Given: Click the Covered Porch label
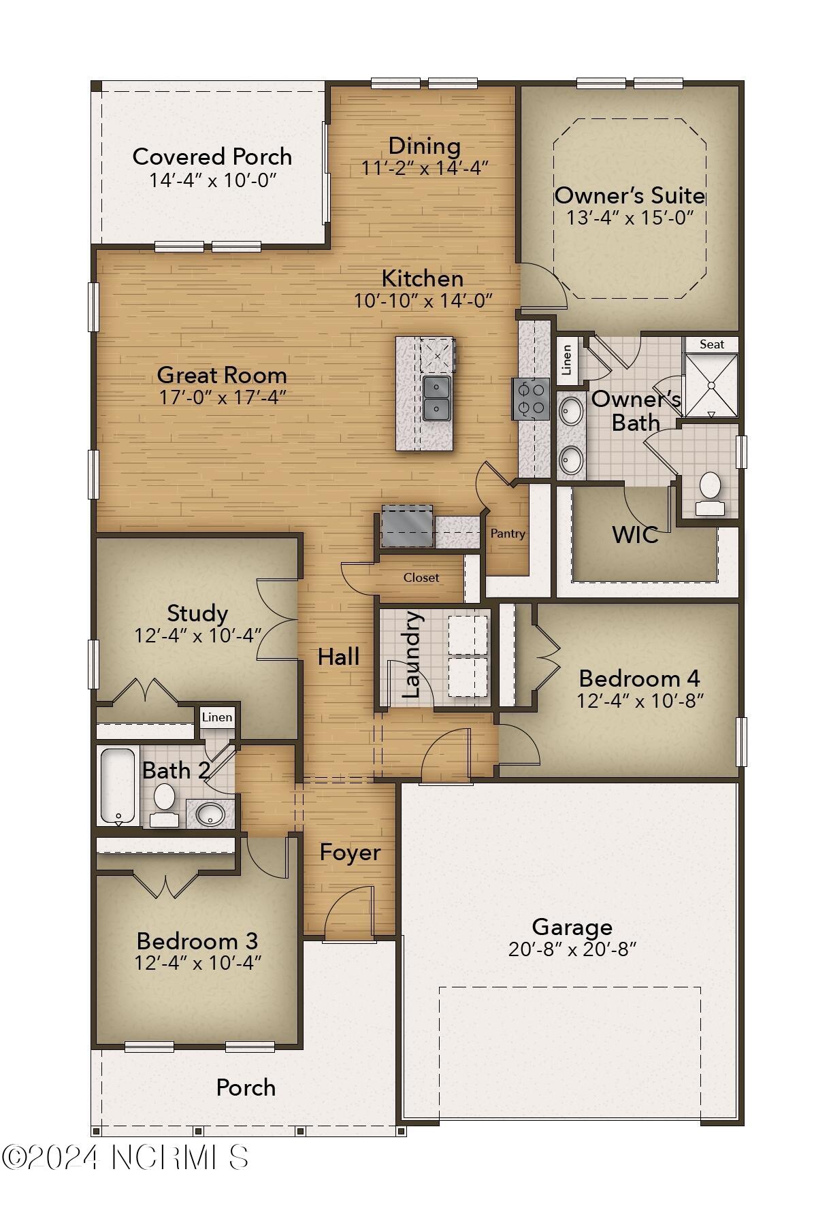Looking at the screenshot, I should tap(212, 157).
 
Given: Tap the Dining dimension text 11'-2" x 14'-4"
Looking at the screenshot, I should tap(425, 168).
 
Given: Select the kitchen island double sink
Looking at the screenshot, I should tap(436, 398).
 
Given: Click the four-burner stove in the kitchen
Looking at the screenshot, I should tap(532, 399).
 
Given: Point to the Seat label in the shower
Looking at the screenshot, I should tap(712, 344).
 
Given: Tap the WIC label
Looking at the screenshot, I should tap(635, 535).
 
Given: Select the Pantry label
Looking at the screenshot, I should tap(508, 534).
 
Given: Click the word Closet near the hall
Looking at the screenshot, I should tap(421, 578).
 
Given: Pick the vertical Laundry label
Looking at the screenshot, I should tap(412, 655).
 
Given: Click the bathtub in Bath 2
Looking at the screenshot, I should tap(118, 785).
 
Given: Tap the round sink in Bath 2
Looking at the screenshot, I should tap(210, 813).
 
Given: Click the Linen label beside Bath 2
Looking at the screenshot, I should tap(217, 717).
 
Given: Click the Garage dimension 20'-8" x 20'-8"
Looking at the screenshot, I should tap(572, 949).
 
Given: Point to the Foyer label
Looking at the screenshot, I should tap(350, 853).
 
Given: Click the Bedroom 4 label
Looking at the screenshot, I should tap(639, 678).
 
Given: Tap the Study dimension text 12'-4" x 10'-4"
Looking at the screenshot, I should tap(198, 636).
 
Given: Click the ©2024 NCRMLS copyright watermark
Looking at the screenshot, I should tap(125, 1157).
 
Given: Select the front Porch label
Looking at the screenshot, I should tap(246, 1087).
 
